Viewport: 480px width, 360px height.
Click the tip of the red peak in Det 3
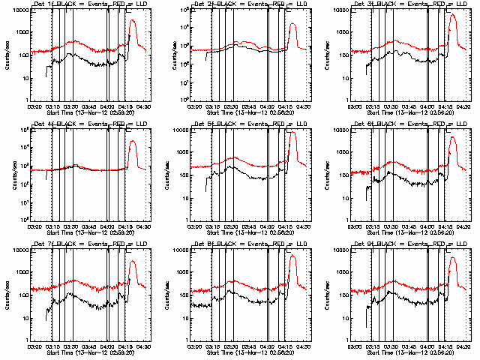[x=452, y=15]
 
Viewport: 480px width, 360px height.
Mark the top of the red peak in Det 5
[x=292, y=133]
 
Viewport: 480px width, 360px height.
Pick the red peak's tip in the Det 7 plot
[x=133, y=261]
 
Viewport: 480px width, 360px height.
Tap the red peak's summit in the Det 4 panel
[x=133, y=141]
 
